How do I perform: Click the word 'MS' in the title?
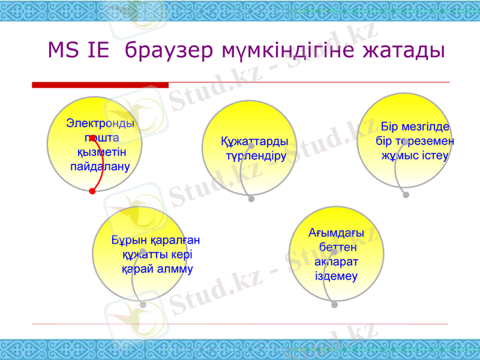62,50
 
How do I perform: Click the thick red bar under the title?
100,85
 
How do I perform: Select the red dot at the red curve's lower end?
92,191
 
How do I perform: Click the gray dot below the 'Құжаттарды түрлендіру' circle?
251,199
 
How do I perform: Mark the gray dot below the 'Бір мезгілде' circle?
406,195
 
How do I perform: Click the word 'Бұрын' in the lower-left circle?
129,241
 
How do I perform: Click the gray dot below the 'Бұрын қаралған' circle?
143,305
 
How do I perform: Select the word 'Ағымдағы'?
336,233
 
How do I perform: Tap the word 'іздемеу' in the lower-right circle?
336,276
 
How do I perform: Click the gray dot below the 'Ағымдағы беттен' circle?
334,305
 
